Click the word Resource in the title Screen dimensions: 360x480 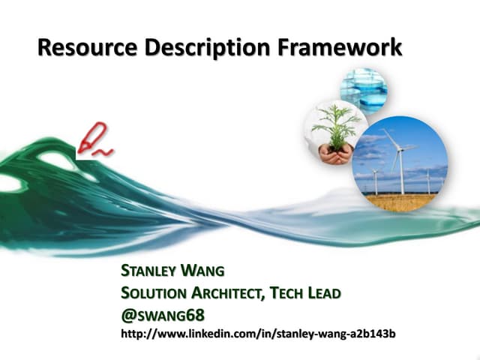pyautogui.click(x=78, y=48)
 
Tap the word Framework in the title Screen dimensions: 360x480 pyautogui.click(x=340, y=48)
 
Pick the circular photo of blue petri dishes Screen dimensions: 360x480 pyautogui.click(x=364, y=88)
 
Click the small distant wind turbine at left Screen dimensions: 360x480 pyautogui.click(x=374, y=180)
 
